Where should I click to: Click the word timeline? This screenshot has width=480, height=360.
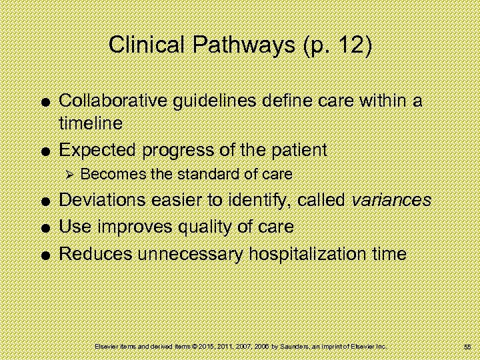tap(91, 124)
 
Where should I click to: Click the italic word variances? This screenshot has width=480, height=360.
tap(393, 200)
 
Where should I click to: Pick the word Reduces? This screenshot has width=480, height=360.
tap(95, 253)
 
